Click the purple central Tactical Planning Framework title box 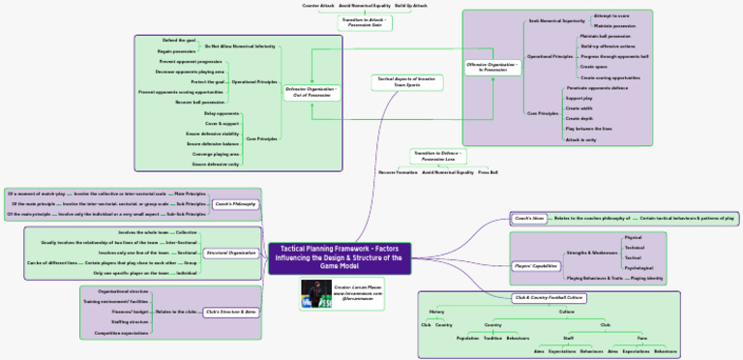[340, 258]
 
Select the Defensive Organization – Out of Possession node [312, 91]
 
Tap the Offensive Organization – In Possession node [493, 67]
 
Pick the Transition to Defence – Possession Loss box [438, 155]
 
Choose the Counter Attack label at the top [317, 6]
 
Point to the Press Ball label [488, 172]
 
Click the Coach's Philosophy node [234, 204]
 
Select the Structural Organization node [231, 253]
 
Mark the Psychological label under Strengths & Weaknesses [639, 268]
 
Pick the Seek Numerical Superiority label [556, 20]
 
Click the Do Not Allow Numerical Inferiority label [240, 45]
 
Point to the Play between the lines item [588, 129]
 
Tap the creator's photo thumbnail [316, 294]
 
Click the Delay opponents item [222, 113]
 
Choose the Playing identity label [647, 279]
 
